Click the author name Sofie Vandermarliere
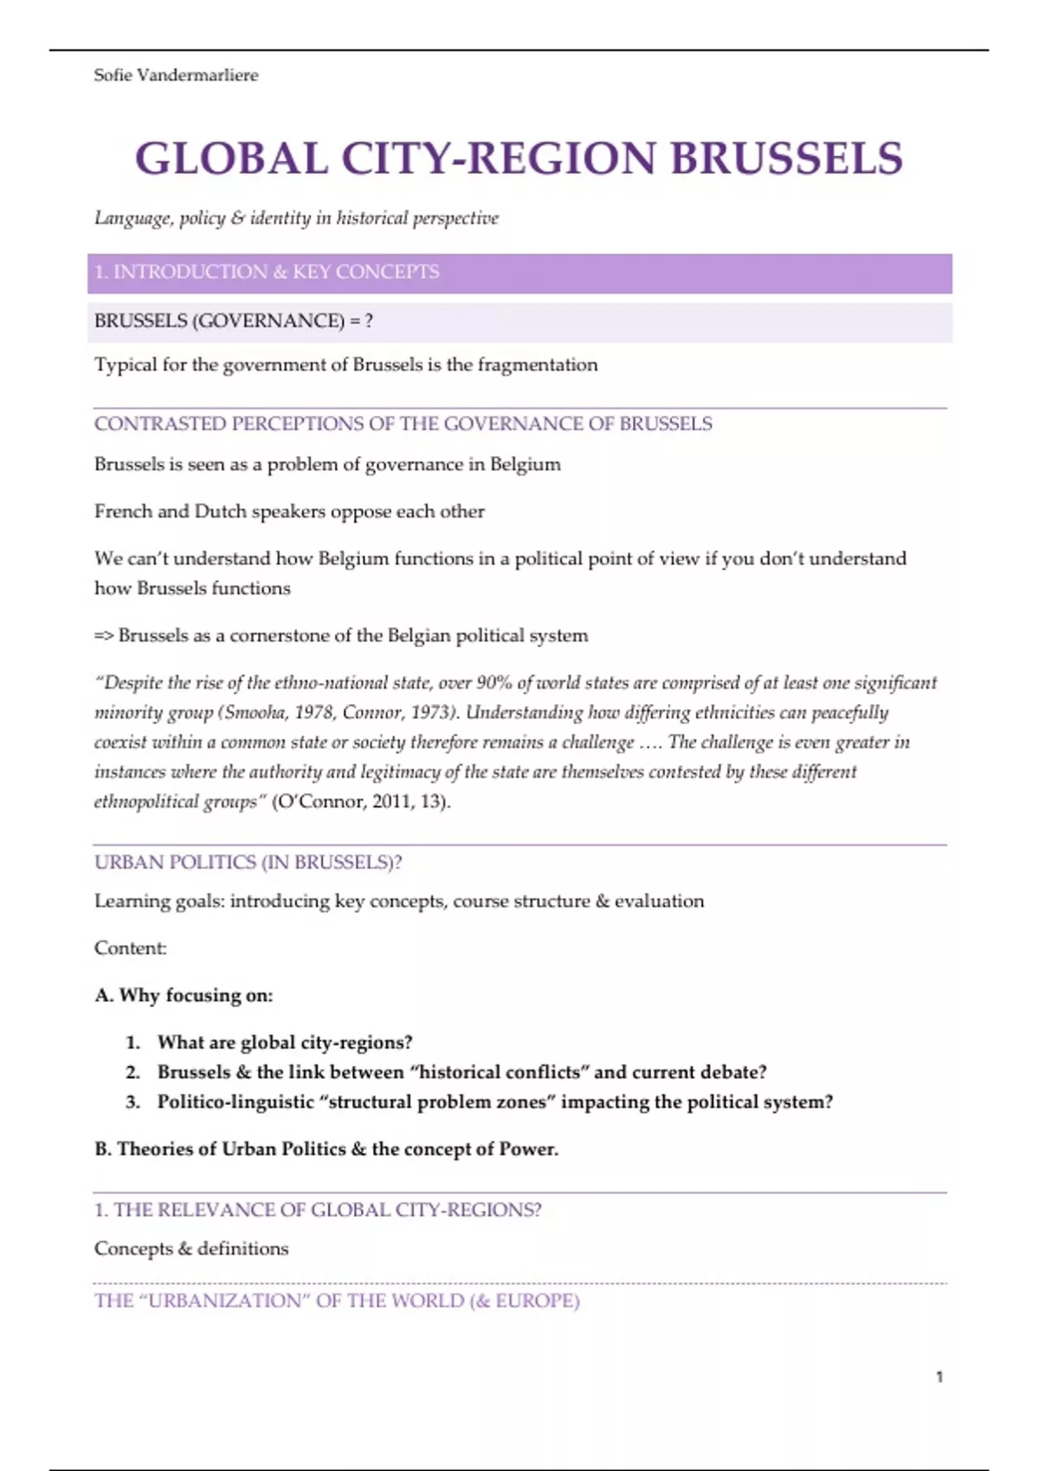(176, 75)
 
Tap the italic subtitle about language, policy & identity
(296, 218)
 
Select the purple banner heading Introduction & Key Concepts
(267, 272)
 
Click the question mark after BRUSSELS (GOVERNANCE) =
(369, 321)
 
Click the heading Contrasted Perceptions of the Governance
(403, 424)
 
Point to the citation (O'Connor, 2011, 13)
(361, 802)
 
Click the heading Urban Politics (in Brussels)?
(248, 863)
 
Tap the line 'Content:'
(131, 948)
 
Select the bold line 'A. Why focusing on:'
(184, 996)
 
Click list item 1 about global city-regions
(284, 1043)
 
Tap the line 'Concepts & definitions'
(191, 1249)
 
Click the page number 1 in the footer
(939, 1377)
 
